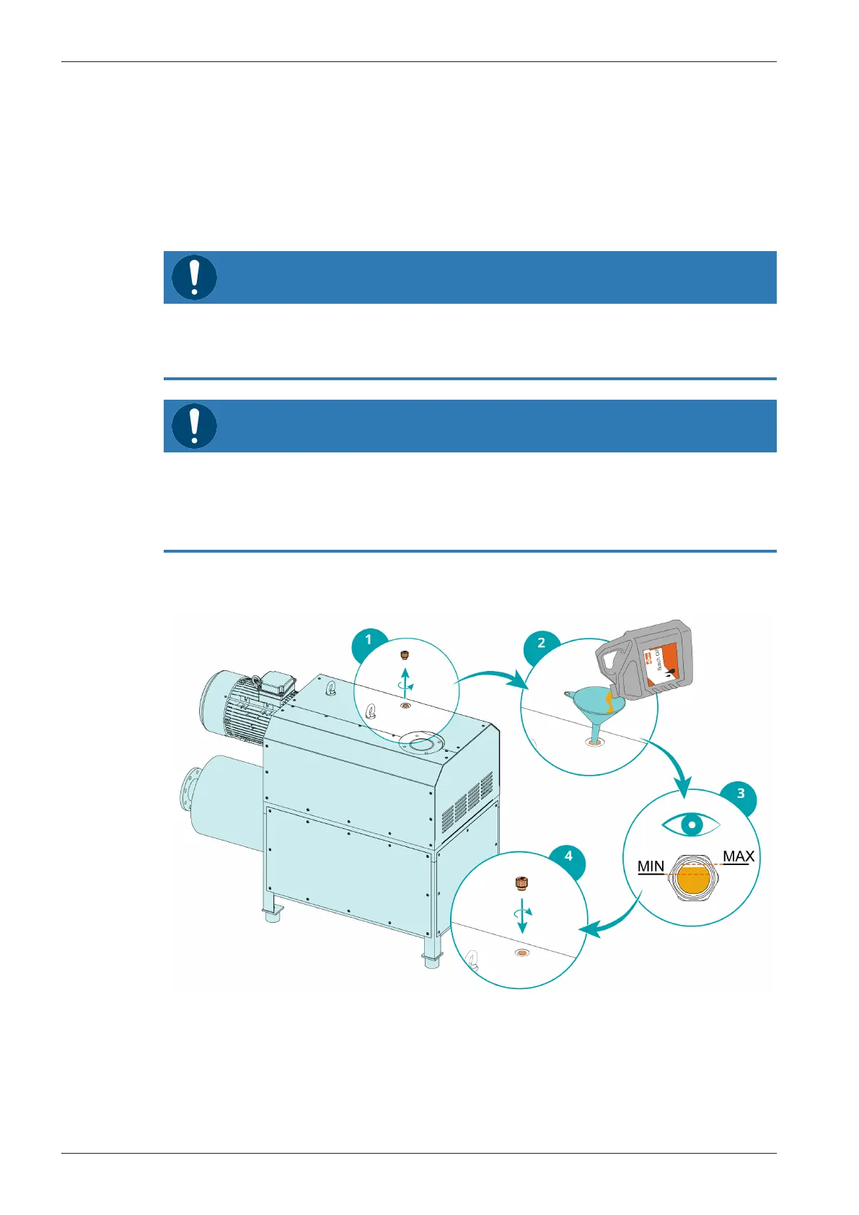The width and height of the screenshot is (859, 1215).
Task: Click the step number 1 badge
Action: (x=369, y=640)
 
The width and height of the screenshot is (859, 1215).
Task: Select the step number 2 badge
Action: (x=541, y=644)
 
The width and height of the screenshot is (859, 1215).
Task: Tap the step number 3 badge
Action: (x=741, y=794)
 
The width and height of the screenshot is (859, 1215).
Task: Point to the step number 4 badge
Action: (x=568, y=856)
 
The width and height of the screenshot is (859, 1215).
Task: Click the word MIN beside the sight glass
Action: (x=651, y=866)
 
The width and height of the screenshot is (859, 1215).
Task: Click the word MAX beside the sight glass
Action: (x=739, y=856)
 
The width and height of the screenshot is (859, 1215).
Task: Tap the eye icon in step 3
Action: (x=691, y=824)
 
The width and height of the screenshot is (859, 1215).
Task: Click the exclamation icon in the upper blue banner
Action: (x=194, y=277)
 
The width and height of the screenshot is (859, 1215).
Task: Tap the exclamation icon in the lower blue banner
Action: (x=194, y=426)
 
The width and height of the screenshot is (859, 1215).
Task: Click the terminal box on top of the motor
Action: (x=275, y=683)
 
